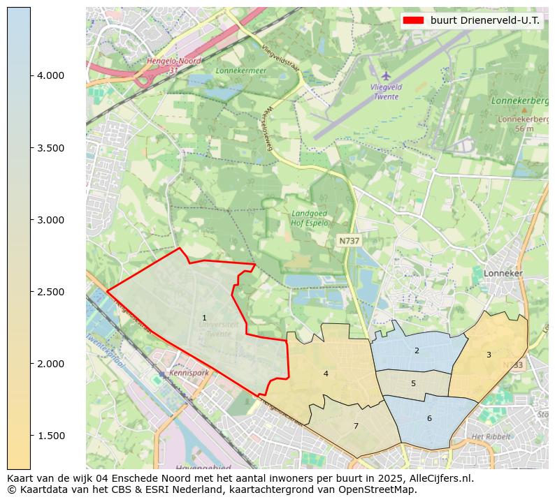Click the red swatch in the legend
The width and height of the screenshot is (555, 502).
pyautogui.click(x=413, y=20)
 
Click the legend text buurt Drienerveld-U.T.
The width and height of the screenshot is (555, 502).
pyautogui.click(x=484, y=20)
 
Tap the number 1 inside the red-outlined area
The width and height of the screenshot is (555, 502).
pyautogui.click(x=204, y=318)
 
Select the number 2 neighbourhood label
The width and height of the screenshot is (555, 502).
pyautogui.click(x=417, y=350)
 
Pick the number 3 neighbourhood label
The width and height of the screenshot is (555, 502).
pyautogui.click(x=489, y=355)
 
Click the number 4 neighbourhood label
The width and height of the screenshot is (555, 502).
pyautogui.click(x=326, y=374)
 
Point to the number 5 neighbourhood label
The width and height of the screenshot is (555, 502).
pyautogui.click(x=413, y=383)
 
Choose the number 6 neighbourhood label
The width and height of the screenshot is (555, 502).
pyautogui.click(x=429, y=418)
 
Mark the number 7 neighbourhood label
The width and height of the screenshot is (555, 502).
pyautogui.click(x=356, y=426)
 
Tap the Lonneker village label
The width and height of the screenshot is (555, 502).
pyautogui.click(x=503, y=274)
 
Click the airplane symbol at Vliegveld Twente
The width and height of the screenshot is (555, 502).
pyautogui.click(x=386, y=75)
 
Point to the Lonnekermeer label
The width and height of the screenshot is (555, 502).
pyautogui.click(x=237, y=71)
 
